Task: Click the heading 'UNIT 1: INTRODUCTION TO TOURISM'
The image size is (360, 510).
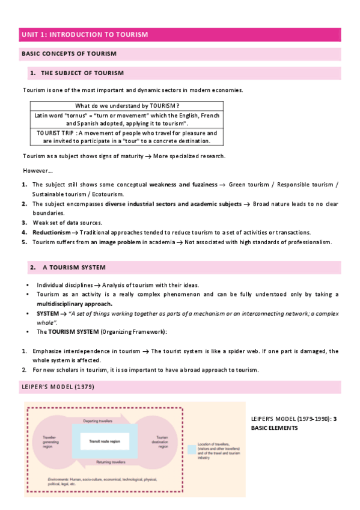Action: point(84,35)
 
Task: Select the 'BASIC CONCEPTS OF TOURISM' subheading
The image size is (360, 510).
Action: point(69,54)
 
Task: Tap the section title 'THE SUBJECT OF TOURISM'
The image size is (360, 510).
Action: point(82,73)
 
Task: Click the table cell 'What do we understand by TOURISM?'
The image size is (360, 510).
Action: point(127,106)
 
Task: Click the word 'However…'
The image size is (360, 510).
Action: point(37,170)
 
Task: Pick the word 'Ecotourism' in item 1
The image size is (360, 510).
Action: point(109,194)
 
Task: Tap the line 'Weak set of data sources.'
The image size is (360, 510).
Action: point(67,223)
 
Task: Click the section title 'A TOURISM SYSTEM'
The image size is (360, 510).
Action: point(75,267)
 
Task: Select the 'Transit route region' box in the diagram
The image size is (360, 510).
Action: point(105,441)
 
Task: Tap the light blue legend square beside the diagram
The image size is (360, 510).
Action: point(192,449)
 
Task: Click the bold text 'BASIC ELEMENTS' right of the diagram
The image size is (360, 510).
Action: point(274,428)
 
